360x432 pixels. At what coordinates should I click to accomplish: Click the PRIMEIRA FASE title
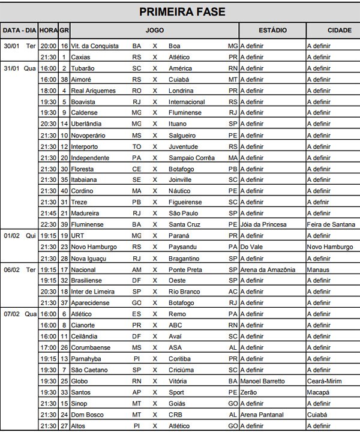(182, 12)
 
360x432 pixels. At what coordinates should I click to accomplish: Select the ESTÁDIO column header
(272, 30)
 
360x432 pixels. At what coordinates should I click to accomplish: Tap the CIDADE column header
(332, 30)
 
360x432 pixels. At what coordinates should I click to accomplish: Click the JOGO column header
(154, 30)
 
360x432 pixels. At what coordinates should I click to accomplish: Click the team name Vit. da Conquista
(95, 46)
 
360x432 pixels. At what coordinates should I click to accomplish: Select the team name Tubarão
(83, 68)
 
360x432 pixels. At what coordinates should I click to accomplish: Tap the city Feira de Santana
(331, 224)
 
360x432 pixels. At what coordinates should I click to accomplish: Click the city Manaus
(319, 269)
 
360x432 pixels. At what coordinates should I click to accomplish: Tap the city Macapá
(318, 392)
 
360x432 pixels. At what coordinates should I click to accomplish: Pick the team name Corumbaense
(91, 347)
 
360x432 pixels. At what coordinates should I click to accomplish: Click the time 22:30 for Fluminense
(49, 224)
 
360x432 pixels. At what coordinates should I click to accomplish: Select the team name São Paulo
(182, 213)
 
